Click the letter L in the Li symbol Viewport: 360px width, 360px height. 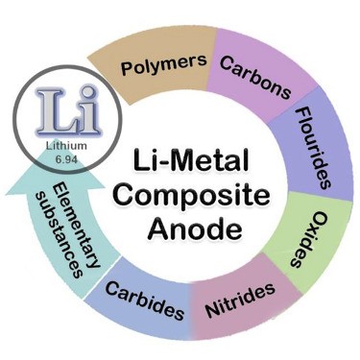click(x=53, y=105)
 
